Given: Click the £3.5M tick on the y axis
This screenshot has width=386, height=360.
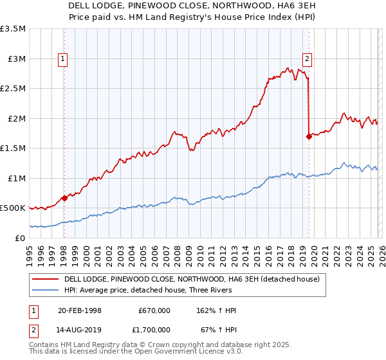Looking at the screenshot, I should tap(13, 29).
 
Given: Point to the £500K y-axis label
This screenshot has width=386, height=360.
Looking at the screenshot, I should tap(13, 208).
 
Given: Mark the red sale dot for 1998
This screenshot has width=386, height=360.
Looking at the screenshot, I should tap(64, 198).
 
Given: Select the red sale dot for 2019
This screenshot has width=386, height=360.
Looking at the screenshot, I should tap(309, 136).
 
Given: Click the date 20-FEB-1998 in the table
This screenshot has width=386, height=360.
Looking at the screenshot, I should tap(80, 310).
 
